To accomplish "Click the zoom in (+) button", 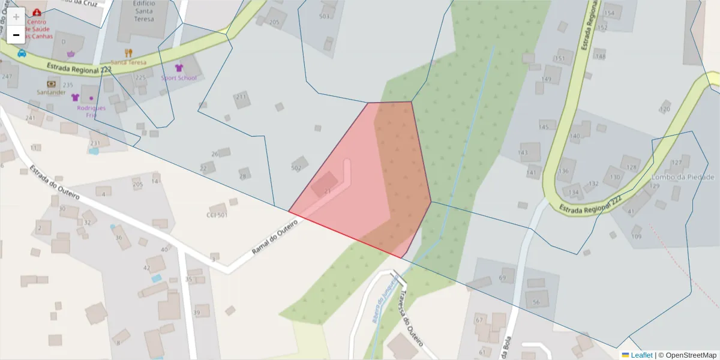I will (x=16, y=17).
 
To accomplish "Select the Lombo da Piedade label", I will (x=683, y=177).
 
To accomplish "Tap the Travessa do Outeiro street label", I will (x=411, y=316).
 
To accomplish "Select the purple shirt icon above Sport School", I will (x=179, y=68).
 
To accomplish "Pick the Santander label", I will (x=51, y=92).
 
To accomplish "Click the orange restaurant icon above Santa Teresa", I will (x=128, y=53).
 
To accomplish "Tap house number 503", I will (x=325, y=16).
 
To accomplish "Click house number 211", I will (x=241, y=97).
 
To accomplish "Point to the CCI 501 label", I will (x=217, y=215).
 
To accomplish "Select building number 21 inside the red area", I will (x=327, y=191).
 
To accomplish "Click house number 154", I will (x=609, y=13).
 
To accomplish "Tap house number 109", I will (x=636, y=237).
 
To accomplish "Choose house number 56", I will (x=536, y=302).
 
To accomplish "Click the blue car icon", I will (x=22, y=53).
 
